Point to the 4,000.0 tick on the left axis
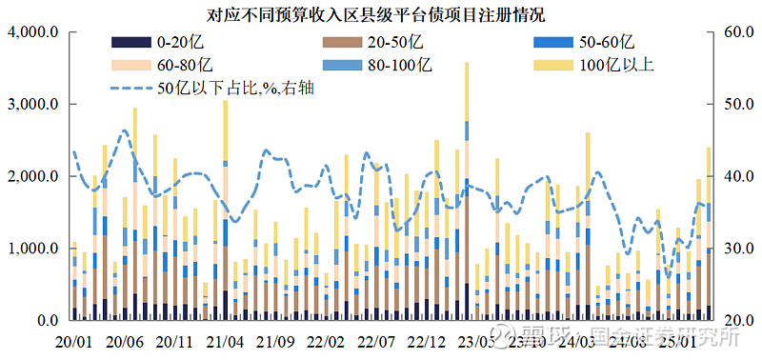pyautogui.click(x=34, y=32)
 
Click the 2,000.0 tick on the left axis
pyautogui.click(x=34, y=177)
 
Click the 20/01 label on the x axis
pyautogui.click(x=74, y=340)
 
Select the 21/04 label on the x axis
pyautogui.click(x=225, y=340)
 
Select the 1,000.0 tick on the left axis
pyautogui.click(x=34, y=250)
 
